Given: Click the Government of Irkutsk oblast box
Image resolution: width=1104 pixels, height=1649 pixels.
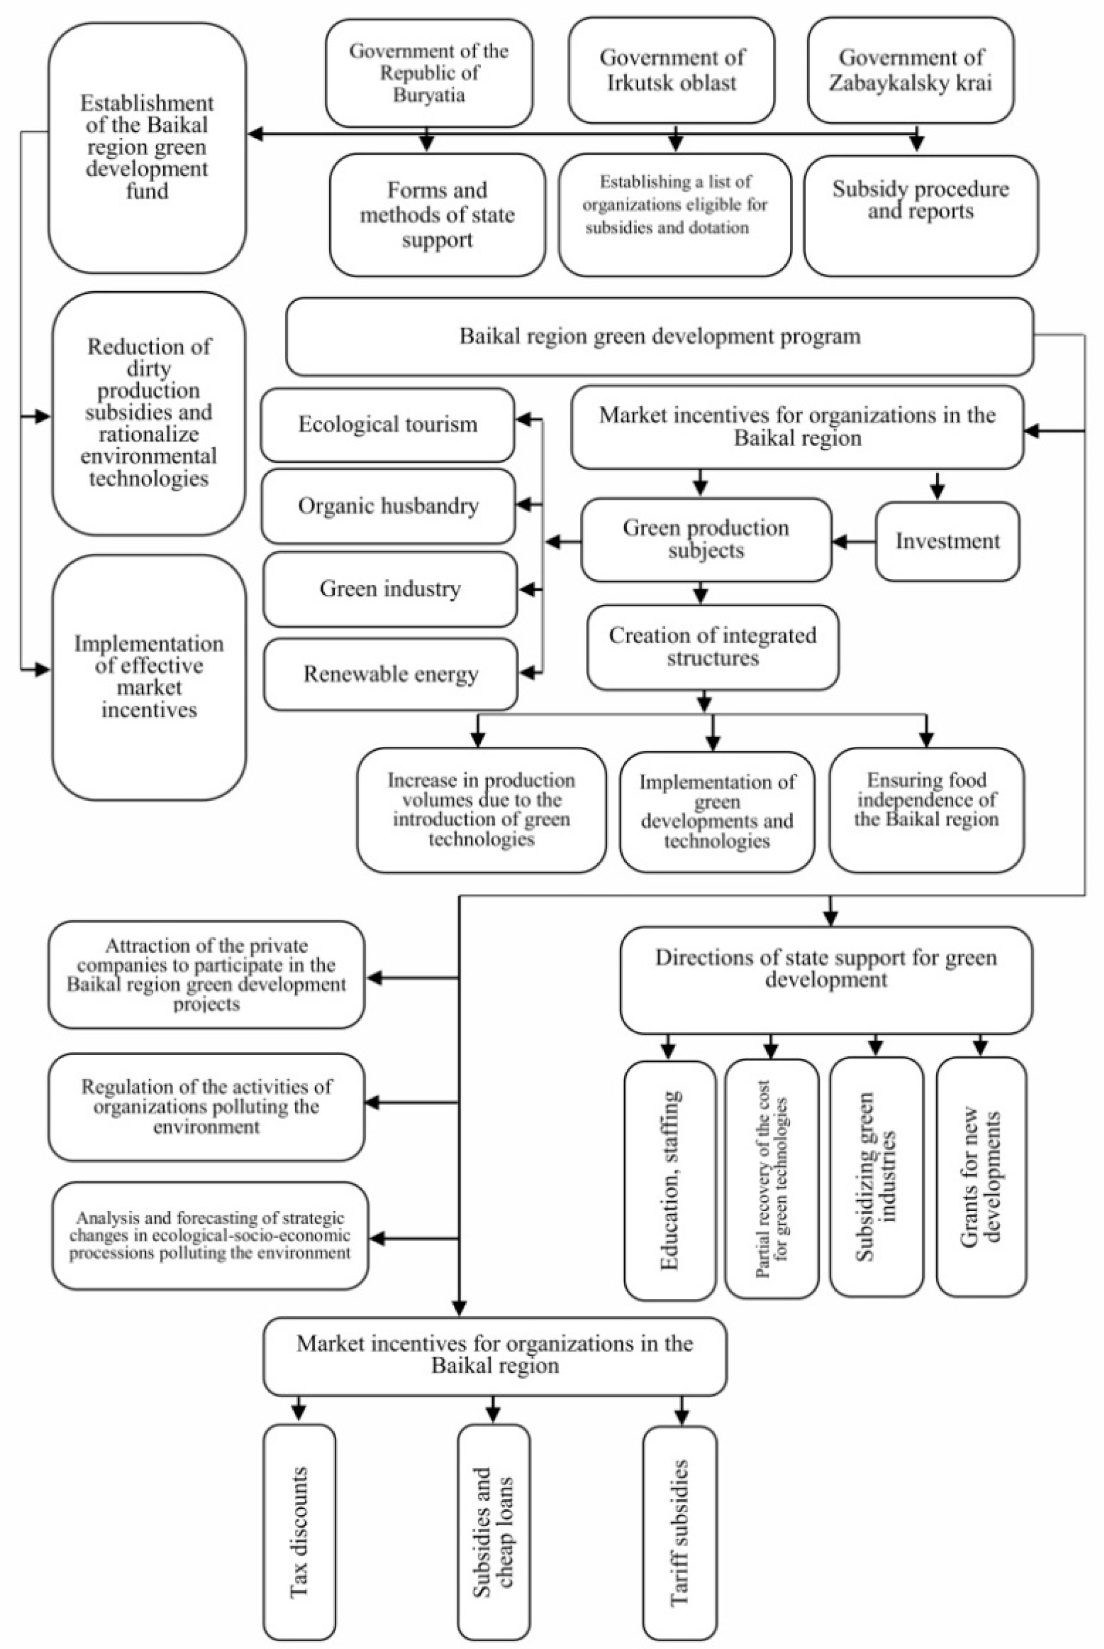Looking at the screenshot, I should (x=671, y=70).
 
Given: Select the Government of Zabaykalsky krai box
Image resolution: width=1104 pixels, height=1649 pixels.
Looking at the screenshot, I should (x=910, y=70).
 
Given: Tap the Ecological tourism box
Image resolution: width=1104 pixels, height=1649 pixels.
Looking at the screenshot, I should (x=387, y=425).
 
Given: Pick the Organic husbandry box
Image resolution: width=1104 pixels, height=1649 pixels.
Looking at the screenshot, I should (x=388, y=506).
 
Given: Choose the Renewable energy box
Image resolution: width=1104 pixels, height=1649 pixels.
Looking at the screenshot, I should (x=391, y=674).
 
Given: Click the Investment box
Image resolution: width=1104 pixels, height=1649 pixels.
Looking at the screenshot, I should (x=947, y=541).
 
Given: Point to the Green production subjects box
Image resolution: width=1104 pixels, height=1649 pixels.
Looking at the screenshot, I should (x=705, y=540).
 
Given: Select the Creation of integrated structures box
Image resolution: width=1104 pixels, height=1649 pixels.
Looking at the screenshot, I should (x=713, y=646).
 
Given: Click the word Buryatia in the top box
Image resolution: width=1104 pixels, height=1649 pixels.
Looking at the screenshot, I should (x=429, y=95).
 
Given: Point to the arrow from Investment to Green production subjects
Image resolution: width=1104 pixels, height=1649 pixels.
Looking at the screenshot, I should (x=853, y=542).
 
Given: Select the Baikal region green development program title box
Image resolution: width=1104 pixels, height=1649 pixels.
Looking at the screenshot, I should (x=660, y=336).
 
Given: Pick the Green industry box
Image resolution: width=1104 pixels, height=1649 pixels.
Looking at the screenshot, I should (x=390, y=589).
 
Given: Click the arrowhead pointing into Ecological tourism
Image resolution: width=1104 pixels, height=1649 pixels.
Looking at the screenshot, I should (x=523, y=420).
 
